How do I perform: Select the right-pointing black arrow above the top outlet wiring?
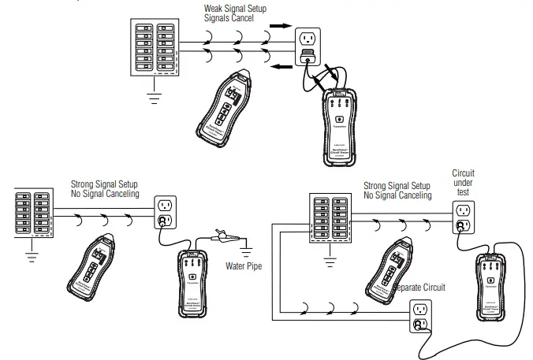click(x=279, y=25)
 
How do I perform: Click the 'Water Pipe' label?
click(x=244, y=265)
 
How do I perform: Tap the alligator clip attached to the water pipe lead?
click(x=222, y=234)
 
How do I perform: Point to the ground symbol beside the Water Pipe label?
click(x=248, y=250)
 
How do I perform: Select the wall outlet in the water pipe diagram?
click(x=165, y=210)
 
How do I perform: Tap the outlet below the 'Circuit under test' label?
click(x=463, y=217)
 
